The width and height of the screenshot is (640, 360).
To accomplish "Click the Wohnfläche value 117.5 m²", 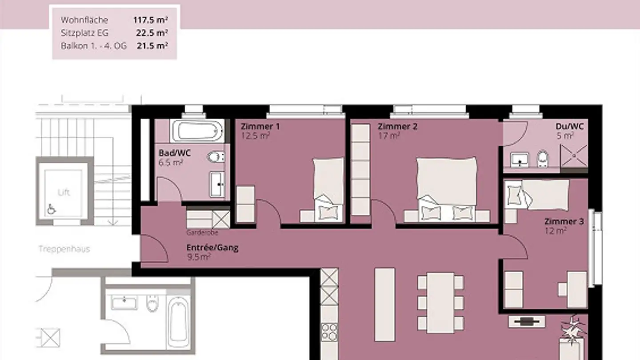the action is pos(150,20).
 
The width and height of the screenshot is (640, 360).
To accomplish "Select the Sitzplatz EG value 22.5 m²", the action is pos(152,33).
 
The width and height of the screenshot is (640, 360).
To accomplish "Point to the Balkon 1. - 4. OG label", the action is pos(94,46).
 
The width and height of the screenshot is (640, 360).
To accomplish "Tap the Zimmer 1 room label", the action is pos(260,126).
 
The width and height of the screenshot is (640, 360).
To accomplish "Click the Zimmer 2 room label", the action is pos(397,126).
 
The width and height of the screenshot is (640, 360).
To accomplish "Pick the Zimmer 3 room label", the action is pos(564,221).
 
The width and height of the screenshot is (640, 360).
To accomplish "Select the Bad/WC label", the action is pos(174,153).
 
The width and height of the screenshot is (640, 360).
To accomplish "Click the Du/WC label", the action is pos(570,126).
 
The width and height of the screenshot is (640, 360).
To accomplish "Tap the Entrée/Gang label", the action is pos(212,248).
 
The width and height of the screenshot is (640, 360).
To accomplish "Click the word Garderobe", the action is pos(202,232).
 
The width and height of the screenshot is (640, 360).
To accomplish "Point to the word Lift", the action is pos(64,192).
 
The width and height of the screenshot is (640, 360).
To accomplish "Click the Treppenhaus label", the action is pos(64,249).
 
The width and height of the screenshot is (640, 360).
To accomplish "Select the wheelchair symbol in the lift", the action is pos(51,209).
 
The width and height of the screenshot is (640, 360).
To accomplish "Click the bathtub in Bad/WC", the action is pos(197,131).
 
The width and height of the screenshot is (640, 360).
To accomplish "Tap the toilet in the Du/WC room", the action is pos(543,159).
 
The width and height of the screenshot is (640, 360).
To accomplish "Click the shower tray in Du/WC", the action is pos(574,156).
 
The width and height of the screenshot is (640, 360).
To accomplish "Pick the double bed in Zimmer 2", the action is pos(447,190).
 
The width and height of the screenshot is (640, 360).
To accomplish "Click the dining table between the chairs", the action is pos(440,303).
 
